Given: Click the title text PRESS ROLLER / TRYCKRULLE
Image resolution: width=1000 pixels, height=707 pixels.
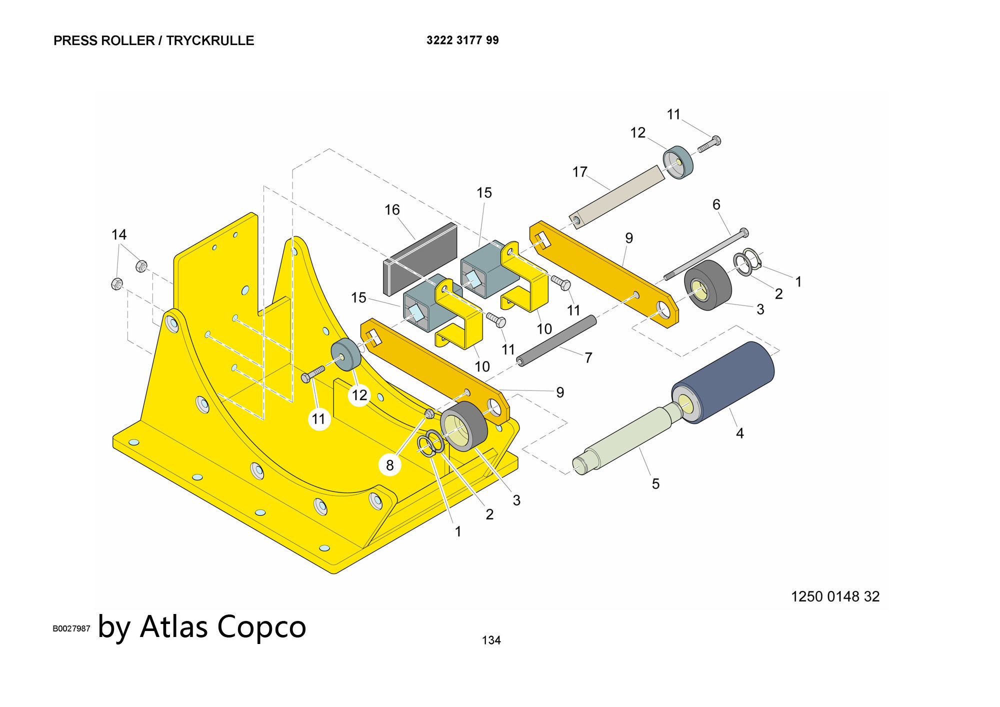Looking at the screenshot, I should point(153,40).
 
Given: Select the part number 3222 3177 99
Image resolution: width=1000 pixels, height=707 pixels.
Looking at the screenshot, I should point(462,40).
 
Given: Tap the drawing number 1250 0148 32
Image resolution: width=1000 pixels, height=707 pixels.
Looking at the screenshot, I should point(835,596).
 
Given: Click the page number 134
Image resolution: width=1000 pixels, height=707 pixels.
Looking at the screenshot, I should point(491,640).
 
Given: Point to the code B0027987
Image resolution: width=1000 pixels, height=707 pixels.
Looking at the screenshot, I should point(71,628).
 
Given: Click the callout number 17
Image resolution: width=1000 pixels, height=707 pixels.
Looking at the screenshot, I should point(579,172).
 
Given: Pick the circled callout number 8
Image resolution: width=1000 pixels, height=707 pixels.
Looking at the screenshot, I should point(390,465).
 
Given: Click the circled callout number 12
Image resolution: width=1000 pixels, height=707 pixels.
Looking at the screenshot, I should point(359,395).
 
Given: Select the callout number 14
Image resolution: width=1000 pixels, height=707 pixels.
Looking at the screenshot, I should point(119,234).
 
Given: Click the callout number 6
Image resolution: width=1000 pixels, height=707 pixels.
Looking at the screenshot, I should point(716,204).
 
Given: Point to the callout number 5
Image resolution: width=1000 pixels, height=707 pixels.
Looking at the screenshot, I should point(655,483).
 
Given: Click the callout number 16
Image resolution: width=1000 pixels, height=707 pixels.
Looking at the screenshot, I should point(392,209).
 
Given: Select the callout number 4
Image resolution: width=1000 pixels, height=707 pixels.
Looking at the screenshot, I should point(739,433).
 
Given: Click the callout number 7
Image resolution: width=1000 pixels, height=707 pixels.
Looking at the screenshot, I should point(588,357).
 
